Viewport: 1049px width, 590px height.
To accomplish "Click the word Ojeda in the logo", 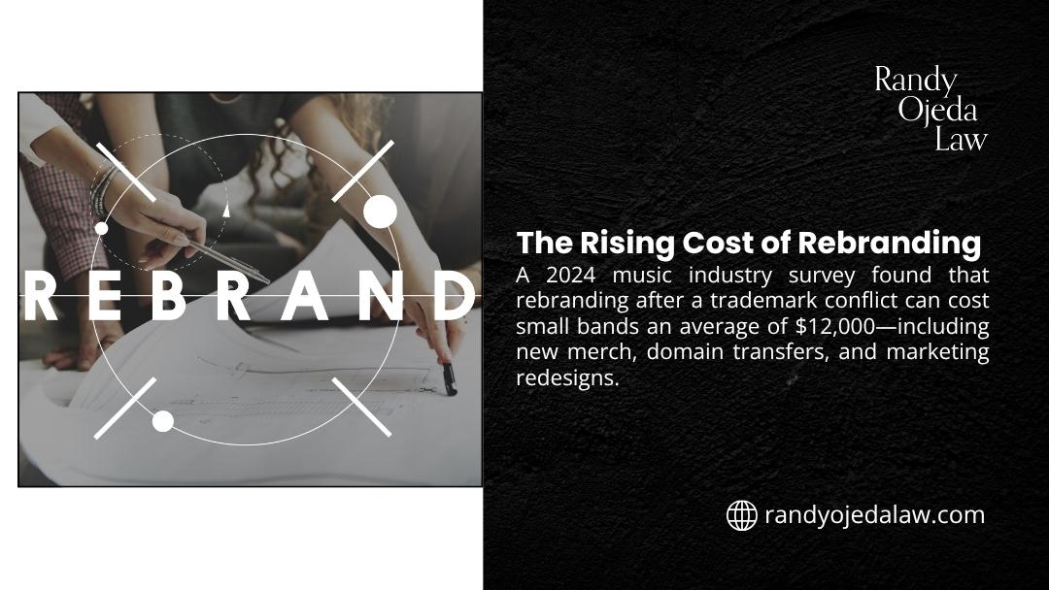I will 937,110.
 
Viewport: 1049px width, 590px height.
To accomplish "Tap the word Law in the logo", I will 961,140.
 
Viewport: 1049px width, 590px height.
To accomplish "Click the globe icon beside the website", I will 742,515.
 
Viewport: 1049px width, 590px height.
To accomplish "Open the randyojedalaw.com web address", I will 874,515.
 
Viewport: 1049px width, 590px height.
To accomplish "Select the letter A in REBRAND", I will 310,297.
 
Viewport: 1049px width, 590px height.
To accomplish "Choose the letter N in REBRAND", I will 380,297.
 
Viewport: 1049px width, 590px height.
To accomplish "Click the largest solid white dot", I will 380,211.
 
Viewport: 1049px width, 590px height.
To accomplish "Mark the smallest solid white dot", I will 101,229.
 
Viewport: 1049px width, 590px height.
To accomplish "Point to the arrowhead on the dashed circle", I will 226,209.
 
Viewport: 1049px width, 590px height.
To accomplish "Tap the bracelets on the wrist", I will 104,188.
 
